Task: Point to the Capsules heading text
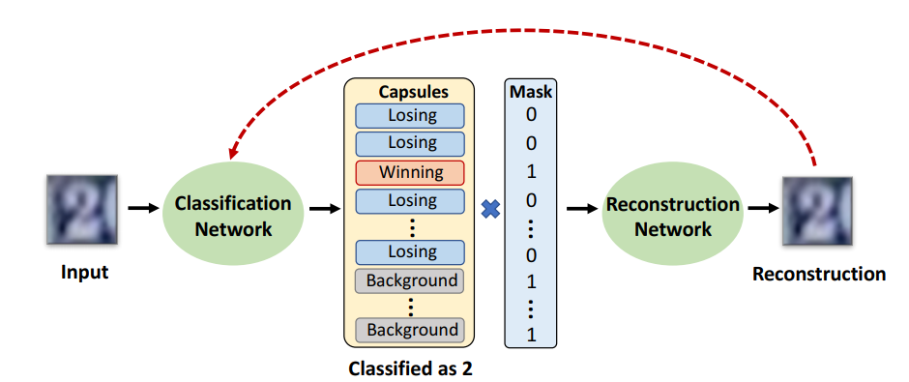click(411, 93)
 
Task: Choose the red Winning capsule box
click(411, 172)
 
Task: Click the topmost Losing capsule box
click(411, 116)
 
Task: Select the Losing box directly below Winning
click(411, 201)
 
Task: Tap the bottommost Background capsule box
click(411, 330)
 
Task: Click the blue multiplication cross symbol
click(490, 208)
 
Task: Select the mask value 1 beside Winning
click(530, 172)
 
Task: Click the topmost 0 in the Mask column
click(530, 115)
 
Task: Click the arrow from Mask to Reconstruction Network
click(579, 208)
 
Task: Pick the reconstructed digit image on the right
click(818, 208)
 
